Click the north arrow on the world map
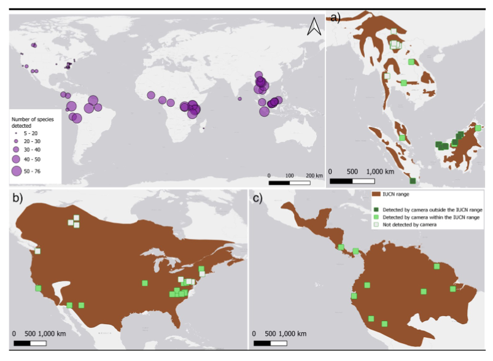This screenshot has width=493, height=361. [314, 27]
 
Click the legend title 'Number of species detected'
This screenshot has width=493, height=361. [33, 122]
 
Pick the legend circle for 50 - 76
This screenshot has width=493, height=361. [17, 171]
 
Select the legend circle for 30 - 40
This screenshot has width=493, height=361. [17, 149]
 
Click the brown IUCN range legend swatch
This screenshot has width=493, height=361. [376, 194]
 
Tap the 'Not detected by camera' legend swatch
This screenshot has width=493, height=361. [376, 225]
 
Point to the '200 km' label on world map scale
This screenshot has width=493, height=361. [314, 176]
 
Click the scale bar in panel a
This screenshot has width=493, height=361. [352, 182]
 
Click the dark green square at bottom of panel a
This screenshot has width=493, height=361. [413, 180]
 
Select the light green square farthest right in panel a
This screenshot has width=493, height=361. [478, 128]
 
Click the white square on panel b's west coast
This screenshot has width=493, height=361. [37, 250]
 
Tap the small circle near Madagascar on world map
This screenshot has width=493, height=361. [203, 128]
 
